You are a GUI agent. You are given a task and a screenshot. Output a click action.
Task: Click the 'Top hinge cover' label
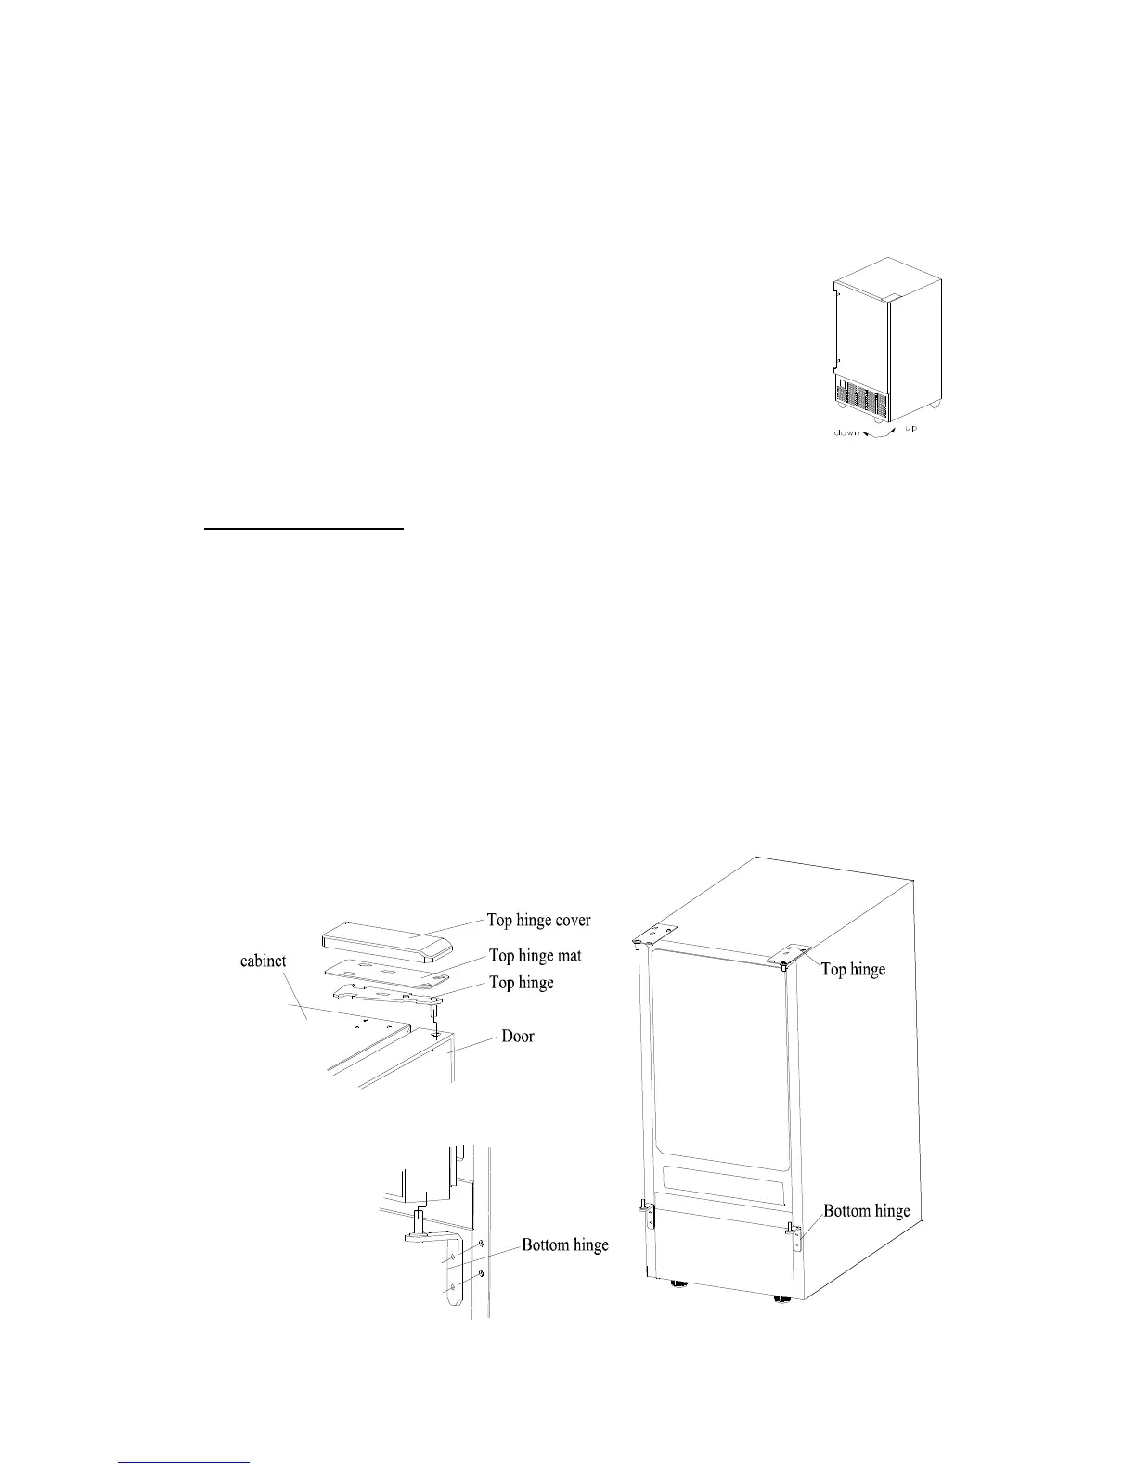(538, 921)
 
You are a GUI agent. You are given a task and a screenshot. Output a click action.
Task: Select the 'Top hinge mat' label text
(536, 956)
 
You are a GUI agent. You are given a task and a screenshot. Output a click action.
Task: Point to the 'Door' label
(518, 1036)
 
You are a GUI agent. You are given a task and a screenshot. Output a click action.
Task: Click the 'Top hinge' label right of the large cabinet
(853, 969)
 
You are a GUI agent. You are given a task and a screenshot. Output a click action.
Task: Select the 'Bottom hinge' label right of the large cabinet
(867, 1210)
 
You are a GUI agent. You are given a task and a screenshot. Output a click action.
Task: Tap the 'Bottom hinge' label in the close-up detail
(564, 1244)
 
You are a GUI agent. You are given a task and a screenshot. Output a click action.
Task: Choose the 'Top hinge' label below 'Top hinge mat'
(521, 983)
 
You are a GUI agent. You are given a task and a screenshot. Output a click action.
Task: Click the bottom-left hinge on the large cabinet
(649, 1214)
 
